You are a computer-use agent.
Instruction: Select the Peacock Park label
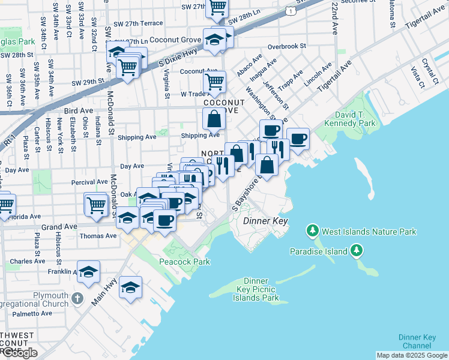184,262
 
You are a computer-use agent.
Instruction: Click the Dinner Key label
266,221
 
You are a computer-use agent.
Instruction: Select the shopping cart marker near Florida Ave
96,205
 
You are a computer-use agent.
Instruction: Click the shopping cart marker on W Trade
215,80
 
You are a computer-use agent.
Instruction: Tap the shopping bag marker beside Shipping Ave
214,119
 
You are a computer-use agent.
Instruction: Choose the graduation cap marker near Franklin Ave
88,272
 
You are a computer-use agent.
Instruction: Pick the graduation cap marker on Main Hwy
130,287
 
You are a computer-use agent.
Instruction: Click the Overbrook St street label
287,46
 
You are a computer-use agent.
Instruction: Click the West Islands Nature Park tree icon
312,231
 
